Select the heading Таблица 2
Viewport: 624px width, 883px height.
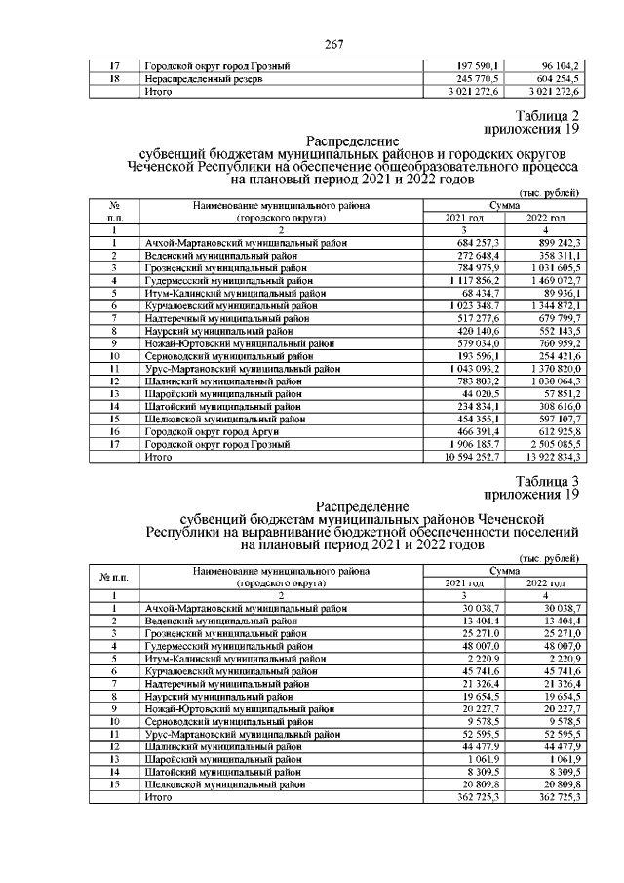543,116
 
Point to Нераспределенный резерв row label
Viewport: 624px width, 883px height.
204,78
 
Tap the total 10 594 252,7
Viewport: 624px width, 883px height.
473,456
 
